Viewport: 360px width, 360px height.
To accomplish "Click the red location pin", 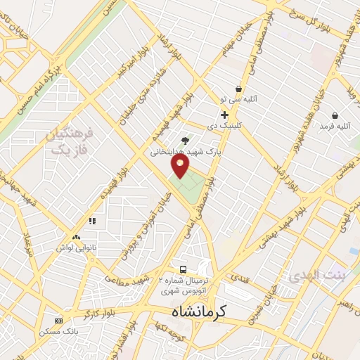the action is [181, 166].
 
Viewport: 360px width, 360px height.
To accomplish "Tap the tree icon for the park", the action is [185, 141].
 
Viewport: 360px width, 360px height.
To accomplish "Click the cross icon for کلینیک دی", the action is [224, 115].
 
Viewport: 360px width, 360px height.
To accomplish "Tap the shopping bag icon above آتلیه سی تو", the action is [239, 89].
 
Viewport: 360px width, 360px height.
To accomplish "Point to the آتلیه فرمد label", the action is [335, 126].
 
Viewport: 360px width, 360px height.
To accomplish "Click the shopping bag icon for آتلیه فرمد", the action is [335, 115].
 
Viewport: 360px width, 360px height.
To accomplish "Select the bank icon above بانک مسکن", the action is [58, 321].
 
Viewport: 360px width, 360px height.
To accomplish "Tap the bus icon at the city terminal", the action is [183, 269].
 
